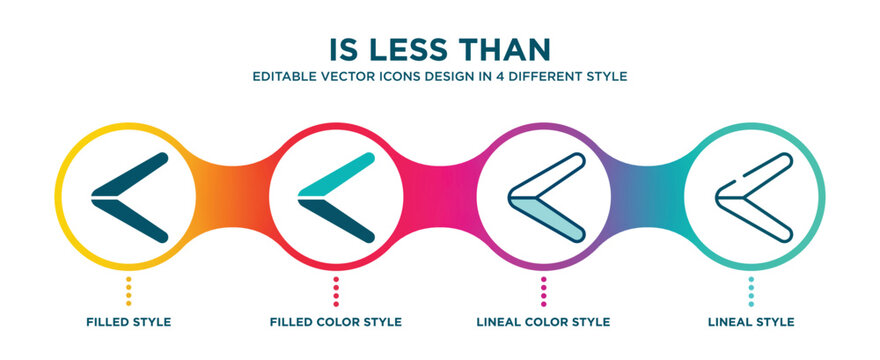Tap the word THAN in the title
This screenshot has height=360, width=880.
point(507,50)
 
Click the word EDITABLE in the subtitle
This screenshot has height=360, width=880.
point(285,76)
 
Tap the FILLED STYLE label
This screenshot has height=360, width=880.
point(128,322)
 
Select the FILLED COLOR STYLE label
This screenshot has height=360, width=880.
point(336,322)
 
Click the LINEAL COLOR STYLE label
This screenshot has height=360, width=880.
point(543,322)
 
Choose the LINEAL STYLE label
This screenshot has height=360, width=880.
point(751,322)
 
